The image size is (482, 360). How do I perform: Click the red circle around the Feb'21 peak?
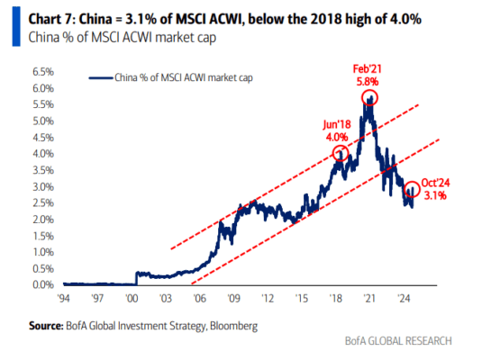pyautogui.click(x=369, y=90)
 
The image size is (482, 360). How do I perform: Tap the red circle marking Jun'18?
pyautogui.click(x=341, y=146)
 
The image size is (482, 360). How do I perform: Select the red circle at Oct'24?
pyautogui.click(x=412, y=182)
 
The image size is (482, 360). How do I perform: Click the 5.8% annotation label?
pyautogui.click(x=368, y=82)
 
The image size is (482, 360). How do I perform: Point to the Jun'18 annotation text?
pyautogui.click(x=337, y=124)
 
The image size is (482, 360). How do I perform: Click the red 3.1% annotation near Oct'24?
pyautogui.click(x=435, y=195)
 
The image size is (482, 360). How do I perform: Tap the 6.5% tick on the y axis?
pyautogui.click(x=43, y=72)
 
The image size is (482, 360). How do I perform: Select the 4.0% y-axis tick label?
pyautogui.click(x=43, y=154)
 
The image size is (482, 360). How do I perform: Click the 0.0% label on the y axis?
pyautogui.click(x=43, y=284)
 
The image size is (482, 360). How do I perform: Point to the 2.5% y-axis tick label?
pyautogui.click(x=43, y=203)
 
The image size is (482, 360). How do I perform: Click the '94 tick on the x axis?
pyautogui.click(x=64, y=298)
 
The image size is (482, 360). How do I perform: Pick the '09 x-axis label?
pyautogui.click(x=233, y=298)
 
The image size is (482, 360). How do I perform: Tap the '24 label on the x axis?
pyautogui.click(x=404, y=298)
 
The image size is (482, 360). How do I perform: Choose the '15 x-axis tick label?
pyautogui.click(x=302, y=298)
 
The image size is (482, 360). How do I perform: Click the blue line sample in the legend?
pyautogui.click(x=101, y=78)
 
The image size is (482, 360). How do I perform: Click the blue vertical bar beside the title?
pyautogui.click(x=16, y=26)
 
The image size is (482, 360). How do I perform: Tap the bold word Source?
pyautogui.click(x=46, y=326)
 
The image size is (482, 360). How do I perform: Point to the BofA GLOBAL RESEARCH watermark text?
pyautogui.click(x=398, y=341)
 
